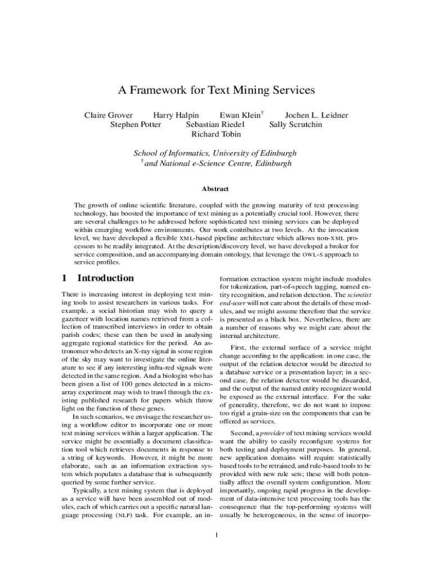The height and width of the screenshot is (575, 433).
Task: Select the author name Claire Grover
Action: (109, 115)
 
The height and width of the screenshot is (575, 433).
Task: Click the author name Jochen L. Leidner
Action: (317, 115)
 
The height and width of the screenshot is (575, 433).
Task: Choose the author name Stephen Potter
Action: (136, 125)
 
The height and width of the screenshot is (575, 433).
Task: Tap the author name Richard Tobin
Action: (216, 134)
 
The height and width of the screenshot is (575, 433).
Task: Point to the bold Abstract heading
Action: (216, 189)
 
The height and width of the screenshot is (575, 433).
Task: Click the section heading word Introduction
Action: (105, 278)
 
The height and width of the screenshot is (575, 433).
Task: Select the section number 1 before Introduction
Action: (64, 278)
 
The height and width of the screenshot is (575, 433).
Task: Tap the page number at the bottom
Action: (216, 533)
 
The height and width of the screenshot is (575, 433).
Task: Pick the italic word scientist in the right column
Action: (358, 294)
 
